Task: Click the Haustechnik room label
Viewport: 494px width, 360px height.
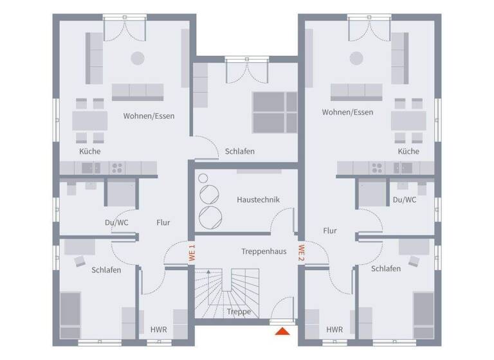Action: (258, 200)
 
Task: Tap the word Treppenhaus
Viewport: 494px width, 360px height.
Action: (264, 251)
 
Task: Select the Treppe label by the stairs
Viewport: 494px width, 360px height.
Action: (238, 312)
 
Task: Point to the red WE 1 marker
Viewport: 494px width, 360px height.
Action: (191, 252)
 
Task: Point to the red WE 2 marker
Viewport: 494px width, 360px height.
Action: (300, 252)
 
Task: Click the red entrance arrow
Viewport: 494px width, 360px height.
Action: (282, 332)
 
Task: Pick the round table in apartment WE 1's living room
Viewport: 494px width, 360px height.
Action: (137, 58)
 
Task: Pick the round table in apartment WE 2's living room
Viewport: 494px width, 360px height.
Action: (356, 58)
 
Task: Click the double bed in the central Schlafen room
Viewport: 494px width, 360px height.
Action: (274, 113)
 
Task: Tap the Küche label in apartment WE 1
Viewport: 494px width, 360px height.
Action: (90, 151)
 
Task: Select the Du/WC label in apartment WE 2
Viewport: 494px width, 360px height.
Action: (405, 200)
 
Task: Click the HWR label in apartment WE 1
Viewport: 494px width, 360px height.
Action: (158, 330)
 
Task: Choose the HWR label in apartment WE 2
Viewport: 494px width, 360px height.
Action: (334, 330)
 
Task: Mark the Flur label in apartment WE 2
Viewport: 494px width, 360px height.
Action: (330, 230)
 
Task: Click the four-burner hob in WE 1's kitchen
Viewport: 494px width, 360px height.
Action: (117, 168)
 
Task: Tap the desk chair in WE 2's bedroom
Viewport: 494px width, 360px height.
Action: (413, 261)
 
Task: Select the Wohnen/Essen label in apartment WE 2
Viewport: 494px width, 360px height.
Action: (347, 113)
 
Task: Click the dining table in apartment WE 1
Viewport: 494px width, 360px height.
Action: (90, 120)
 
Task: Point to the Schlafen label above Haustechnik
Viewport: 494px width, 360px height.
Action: (239, 151)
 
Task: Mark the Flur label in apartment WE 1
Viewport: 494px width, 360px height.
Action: (163, 222)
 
